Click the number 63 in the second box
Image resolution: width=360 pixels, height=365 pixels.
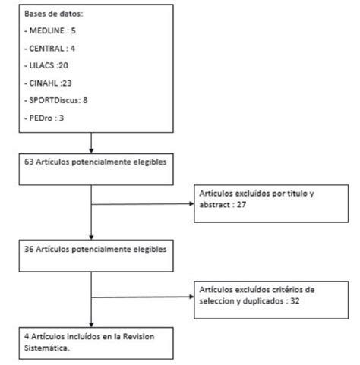[x=30, y=162]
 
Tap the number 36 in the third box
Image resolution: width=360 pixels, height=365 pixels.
[x=30, y=248]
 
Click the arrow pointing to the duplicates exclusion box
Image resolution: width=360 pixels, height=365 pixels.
[x=191, y=298]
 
